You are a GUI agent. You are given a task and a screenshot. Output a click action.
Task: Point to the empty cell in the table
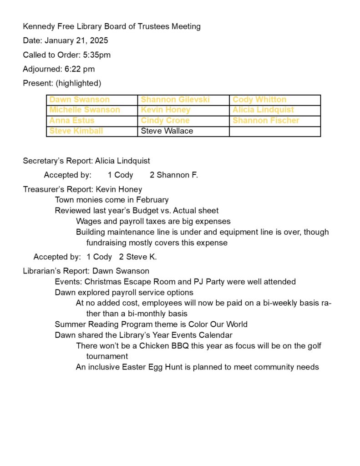click(275, 131)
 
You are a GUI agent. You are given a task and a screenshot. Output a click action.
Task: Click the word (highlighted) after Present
click(78, 83)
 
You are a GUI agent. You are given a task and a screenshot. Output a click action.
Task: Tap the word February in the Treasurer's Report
click(152, 200)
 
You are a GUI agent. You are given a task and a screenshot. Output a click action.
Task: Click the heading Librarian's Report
click(56, 271)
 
